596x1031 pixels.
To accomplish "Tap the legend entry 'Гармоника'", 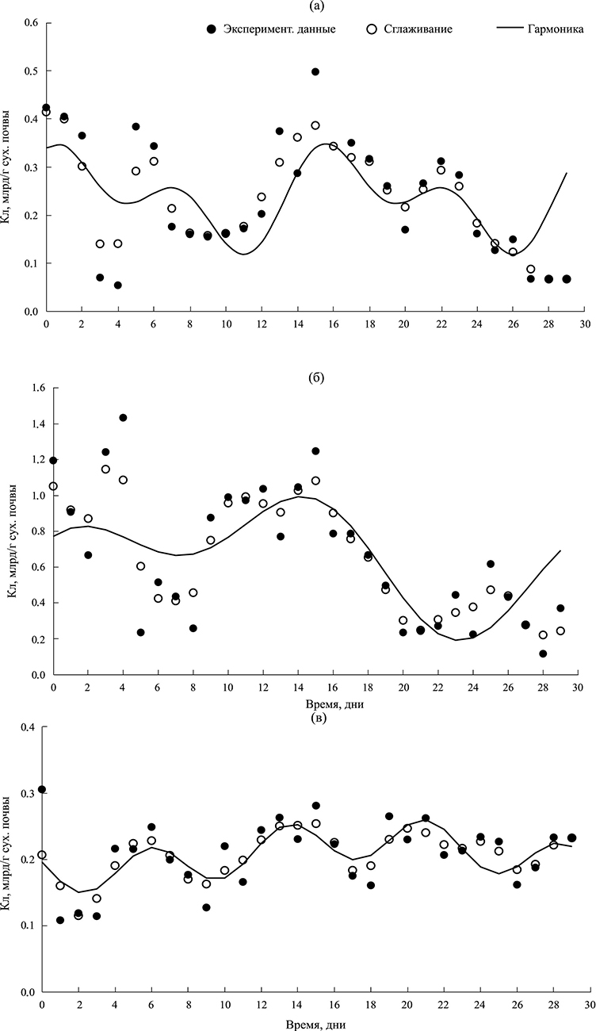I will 554,29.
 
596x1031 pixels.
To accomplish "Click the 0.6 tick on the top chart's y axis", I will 31,22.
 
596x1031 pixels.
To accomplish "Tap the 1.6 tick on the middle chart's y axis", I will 31,388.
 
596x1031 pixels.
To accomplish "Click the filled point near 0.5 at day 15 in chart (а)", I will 315,71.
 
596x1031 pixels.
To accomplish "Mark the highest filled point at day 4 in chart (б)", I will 123,418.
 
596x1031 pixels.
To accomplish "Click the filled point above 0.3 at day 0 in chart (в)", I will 42,790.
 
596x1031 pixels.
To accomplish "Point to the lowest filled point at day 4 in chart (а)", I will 117,286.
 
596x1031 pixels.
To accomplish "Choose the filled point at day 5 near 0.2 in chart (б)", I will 140,633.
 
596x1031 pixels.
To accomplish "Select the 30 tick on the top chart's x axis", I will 583,324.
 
